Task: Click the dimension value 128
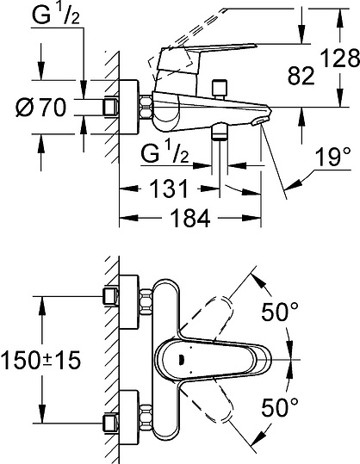coord(340,59)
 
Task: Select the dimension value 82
coord(301,76)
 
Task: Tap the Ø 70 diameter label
coord(40,107)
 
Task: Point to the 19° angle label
coord(332,157)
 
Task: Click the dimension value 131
coord(169,189)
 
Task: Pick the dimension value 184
coord(190,219)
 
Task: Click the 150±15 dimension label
coord(40,360)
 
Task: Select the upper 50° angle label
coord(279,312)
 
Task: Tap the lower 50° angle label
coord(279,407)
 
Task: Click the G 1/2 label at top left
coord(56,15)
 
